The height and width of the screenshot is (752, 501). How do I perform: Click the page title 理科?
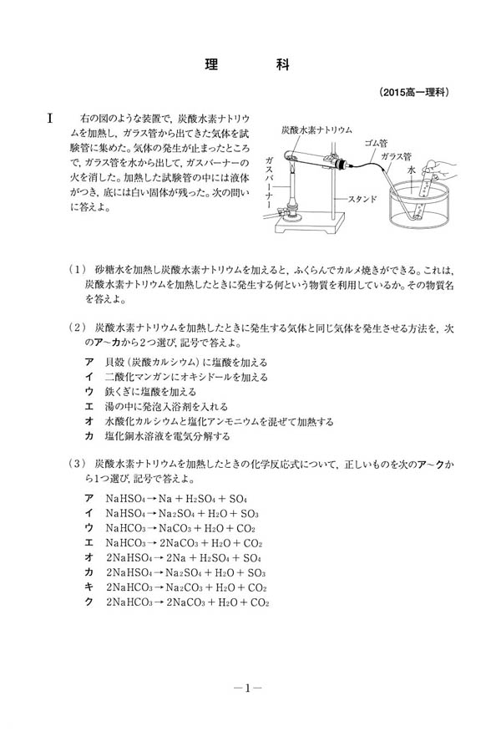247,64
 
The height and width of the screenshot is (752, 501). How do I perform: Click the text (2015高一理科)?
415,92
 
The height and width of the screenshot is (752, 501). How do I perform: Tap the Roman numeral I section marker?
50,118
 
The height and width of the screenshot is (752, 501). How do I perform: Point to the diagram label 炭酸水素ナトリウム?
317,130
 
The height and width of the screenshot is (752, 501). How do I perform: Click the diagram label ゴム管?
376,143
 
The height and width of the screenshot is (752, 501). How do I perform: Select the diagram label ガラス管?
396,156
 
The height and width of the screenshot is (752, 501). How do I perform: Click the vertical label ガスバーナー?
270,183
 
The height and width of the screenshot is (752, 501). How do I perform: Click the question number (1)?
77,269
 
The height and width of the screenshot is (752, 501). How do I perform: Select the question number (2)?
77,328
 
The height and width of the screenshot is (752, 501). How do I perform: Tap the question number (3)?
77,464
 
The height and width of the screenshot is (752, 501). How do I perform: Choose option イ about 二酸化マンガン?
176,377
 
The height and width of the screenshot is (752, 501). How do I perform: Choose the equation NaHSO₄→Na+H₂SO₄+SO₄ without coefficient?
176,499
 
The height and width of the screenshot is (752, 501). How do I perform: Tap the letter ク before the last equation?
89,602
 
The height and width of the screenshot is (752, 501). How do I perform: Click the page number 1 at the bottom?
247,688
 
